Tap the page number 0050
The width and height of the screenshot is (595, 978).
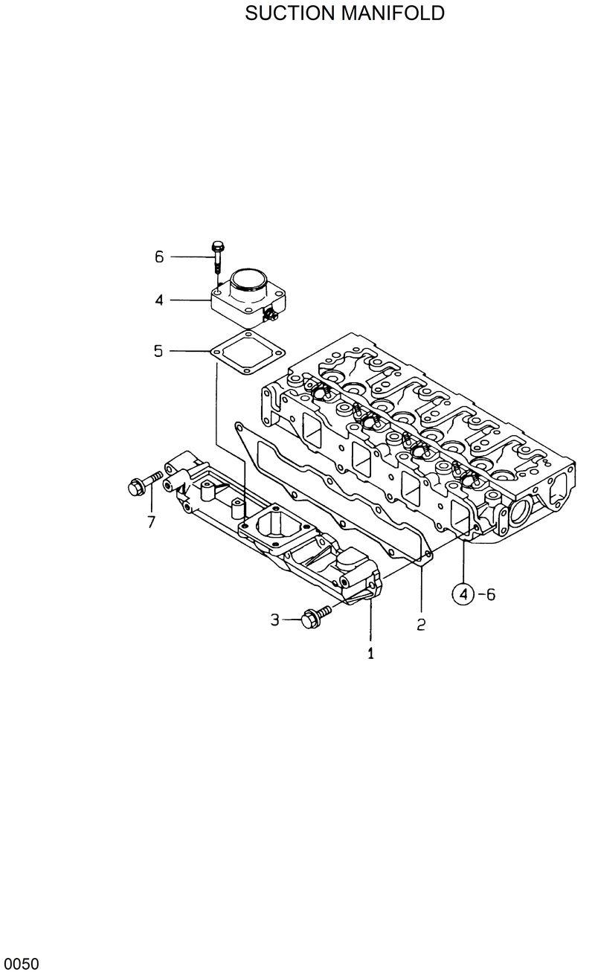[19, 965]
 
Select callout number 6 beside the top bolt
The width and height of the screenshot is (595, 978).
[159, 257]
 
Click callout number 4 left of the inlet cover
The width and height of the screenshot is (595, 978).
[159, 300]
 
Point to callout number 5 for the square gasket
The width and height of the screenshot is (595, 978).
[158, 350]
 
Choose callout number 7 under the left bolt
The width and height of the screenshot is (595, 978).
[151, 522]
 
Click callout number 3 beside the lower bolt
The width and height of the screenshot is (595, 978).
[275, 619]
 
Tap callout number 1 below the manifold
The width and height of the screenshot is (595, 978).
[370, 654]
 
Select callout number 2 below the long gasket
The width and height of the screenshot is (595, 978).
[421, 625]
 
